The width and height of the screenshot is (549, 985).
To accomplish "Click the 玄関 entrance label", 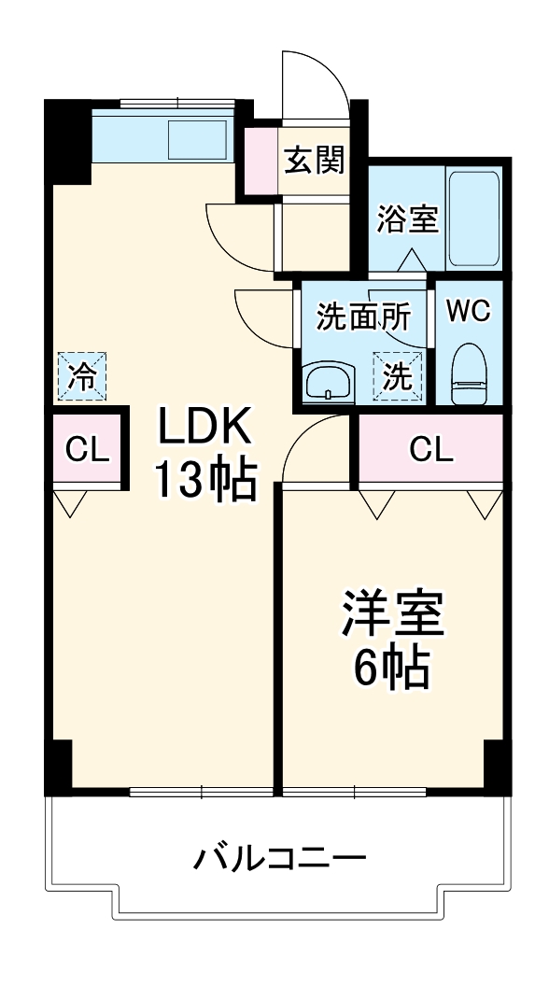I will point(314,161).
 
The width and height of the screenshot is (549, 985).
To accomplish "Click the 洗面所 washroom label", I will point(363,317).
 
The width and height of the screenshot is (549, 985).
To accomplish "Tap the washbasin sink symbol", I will point(327,383).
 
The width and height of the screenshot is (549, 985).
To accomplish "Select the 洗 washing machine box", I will point(397,376).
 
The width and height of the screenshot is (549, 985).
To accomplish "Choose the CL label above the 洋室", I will point(431,450).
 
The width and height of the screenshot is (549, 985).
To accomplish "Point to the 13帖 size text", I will point(204,481).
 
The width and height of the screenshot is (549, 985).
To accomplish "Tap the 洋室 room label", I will point(391,614).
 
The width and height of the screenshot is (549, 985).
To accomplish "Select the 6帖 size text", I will point(391,667).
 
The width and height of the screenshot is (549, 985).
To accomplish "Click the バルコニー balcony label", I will point(279,858).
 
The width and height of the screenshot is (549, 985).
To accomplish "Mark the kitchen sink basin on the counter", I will point(197,140).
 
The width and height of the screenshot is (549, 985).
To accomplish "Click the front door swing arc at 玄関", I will point(317,79).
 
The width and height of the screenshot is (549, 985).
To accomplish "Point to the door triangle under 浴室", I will point(412,260).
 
